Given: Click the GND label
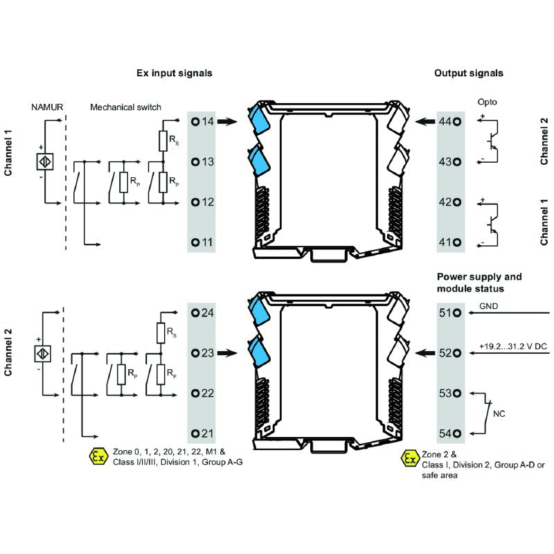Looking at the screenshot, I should click(488, 305).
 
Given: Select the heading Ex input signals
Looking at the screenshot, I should click(174, 73).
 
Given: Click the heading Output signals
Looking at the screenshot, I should click(468, 73).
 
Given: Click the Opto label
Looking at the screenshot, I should click(487, 102).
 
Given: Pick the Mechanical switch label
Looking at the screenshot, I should click(125, 107).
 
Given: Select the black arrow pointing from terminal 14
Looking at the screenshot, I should click(228, 122).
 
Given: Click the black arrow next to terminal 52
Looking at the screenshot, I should click(425, 353).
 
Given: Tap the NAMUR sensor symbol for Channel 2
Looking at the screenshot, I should click(43, 353).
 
